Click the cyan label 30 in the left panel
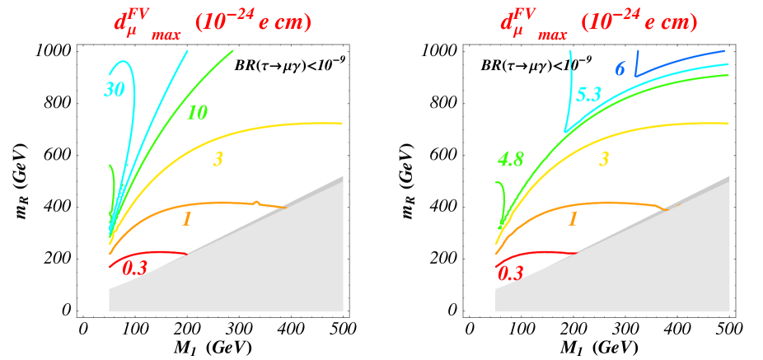tap(115, 90)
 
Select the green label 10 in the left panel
tap(196, 113)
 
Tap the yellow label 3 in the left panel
tap(218, 159)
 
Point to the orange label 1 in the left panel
tap(186, 218)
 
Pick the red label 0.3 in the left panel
tap(135, 268)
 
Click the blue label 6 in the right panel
tap(620, 69)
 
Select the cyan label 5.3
tap(588, 95)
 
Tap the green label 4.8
tap(510, 160)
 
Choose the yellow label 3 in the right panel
tap(604, 159)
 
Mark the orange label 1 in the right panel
tap(573, 218)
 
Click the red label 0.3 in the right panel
tap(510, 274)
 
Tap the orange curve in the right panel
tap(610, 203)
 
